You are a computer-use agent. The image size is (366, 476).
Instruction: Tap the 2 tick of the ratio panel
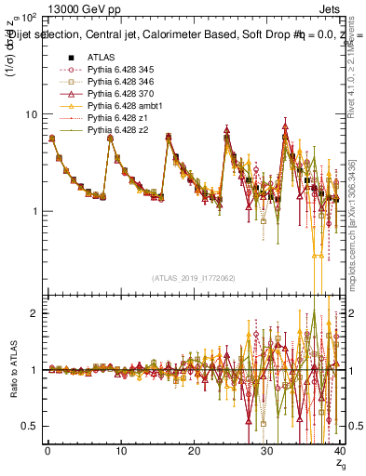(35, 313)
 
